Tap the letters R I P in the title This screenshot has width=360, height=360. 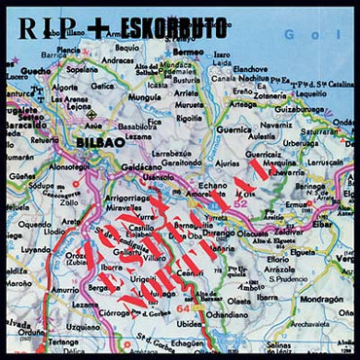(38, 26)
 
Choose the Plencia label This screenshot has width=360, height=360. (69, 50)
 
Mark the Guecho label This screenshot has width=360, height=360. (36, 71)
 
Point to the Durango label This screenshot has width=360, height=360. (218, 234)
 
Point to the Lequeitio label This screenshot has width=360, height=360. (313, 95)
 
